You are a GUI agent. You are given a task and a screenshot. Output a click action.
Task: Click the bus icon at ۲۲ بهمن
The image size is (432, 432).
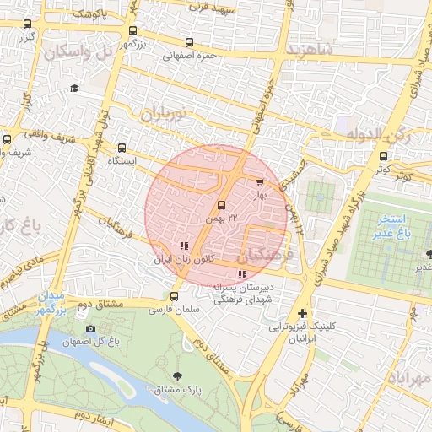(222, 205)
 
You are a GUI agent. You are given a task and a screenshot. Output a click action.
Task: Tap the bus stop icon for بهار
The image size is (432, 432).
(259, 181)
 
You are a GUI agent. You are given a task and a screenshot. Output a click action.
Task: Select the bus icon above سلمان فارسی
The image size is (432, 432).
(174, 296)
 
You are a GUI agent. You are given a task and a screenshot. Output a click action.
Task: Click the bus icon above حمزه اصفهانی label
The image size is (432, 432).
(187, 42)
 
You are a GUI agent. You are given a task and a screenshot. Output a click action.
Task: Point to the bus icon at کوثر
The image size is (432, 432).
(384, 156)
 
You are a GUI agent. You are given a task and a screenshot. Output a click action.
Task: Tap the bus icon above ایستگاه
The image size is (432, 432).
(123, 147)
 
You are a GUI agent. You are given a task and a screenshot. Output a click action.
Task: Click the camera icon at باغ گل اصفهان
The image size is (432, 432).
(90, 328)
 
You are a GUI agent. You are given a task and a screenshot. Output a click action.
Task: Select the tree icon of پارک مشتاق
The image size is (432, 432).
(176, 375)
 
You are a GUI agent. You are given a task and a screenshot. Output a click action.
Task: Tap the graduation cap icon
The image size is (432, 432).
(74, 88)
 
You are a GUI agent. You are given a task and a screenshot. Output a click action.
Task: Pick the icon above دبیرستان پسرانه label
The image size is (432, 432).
(242, 274)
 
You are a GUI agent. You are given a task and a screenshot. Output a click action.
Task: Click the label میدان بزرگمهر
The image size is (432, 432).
(49, 304)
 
